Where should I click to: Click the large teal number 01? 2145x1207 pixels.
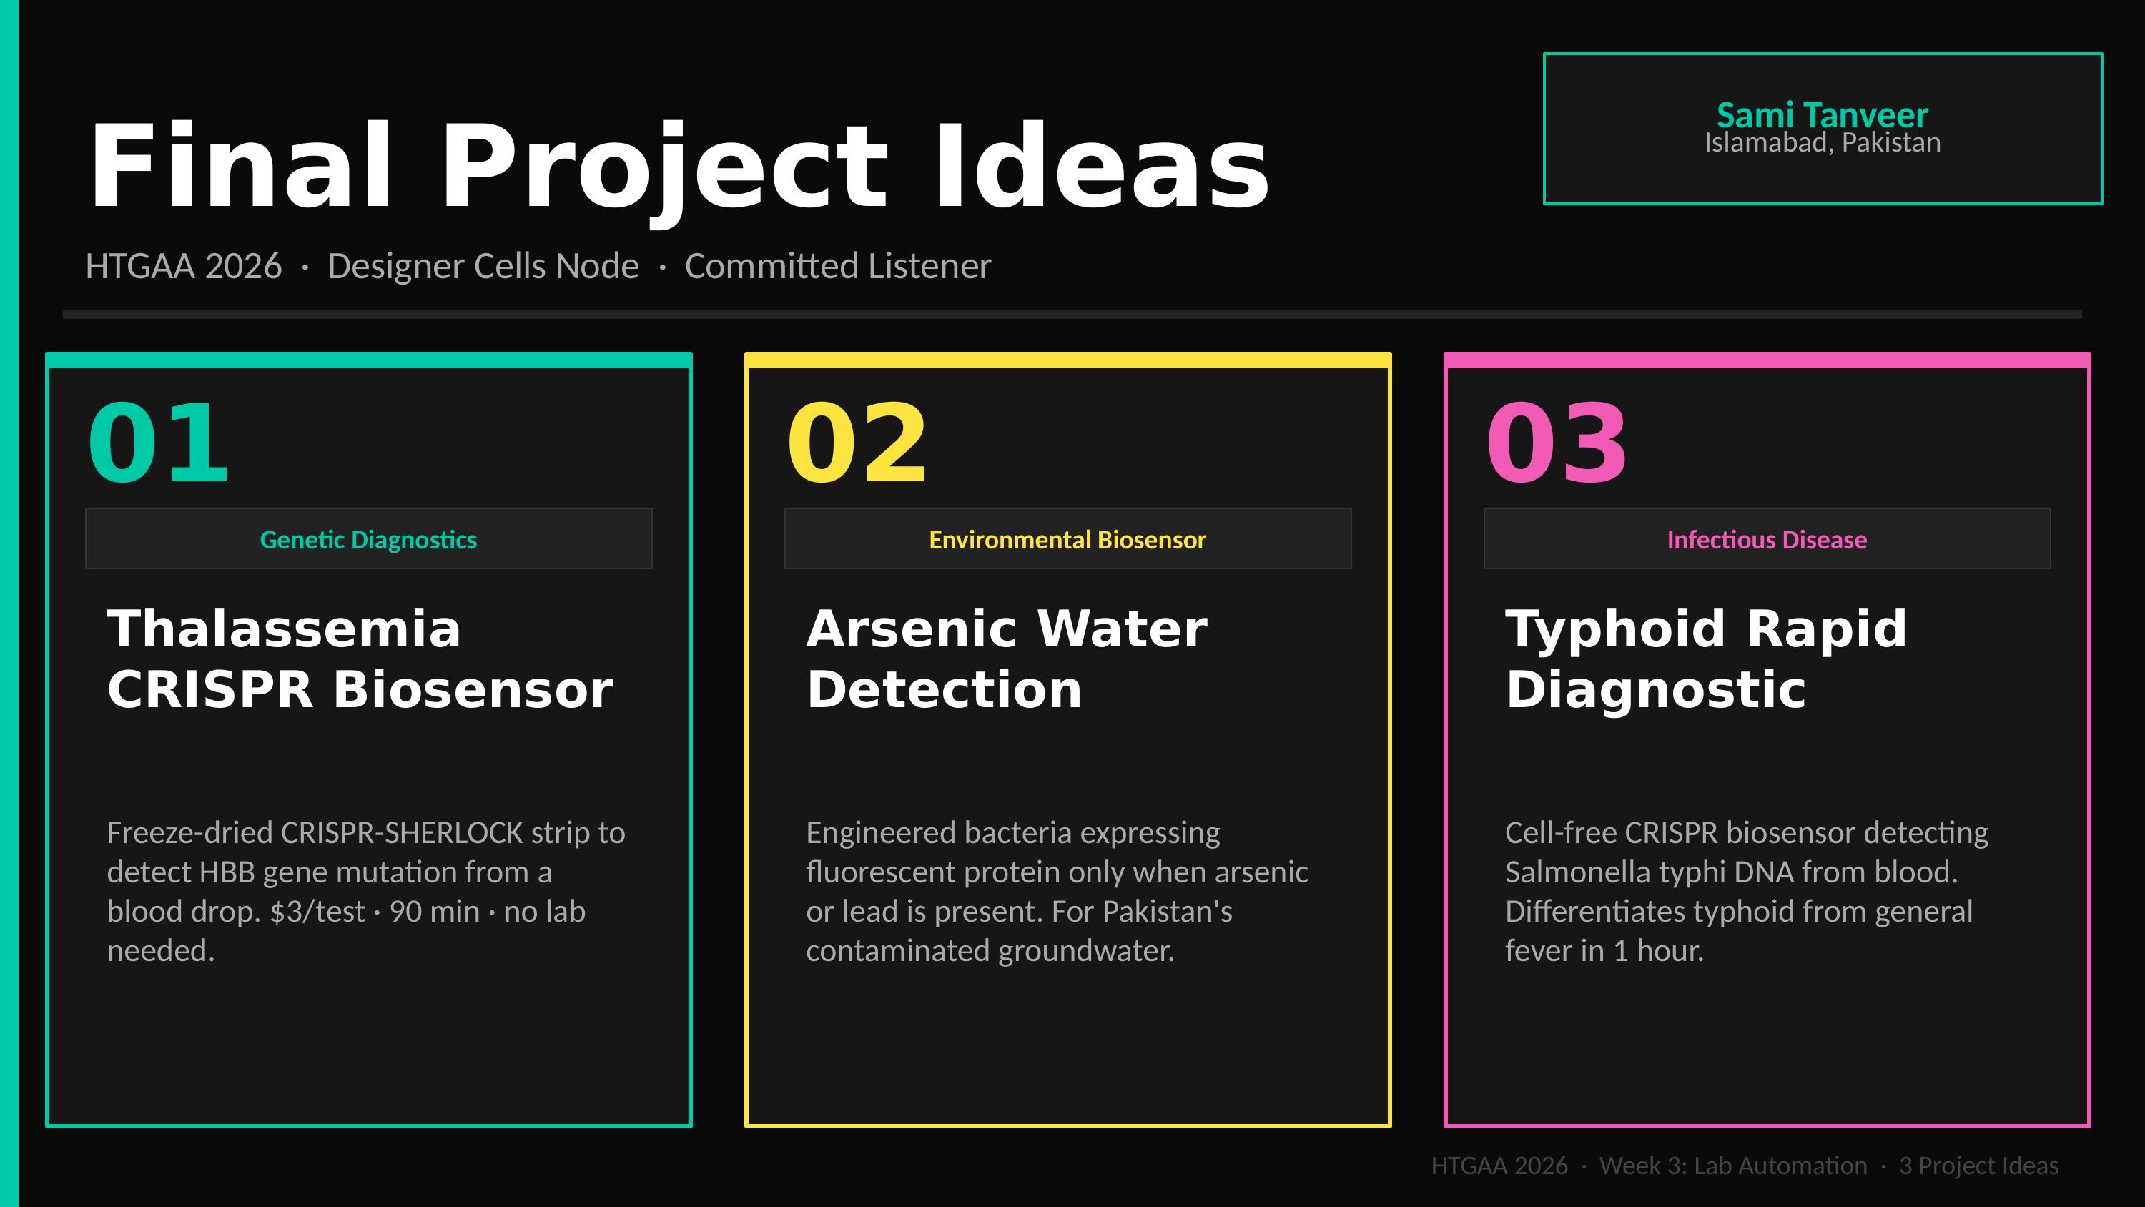pyautogui.click(x=158, y=443)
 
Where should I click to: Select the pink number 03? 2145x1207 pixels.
pyautogui.click(x=1557, y=443)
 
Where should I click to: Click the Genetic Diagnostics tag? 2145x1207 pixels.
pyautogui.click(x=368, y=540)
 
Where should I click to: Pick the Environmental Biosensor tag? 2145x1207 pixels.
pyautogui.click(x=1067, y=540)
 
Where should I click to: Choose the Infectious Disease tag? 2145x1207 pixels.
pyautogui.click(x=1767, y=540)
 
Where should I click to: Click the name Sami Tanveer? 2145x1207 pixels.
pyautogui.click(x=1823, y=115)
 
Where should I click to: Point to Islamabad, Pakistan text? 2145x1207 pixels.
pyautogui.click(x=1823, y=143)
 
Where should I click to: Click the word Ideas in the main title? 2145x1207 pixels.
pyautogui.click(x=1101, y=166)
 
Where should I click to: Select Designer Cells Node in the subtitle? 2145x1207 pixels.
pyautogui.click(x=483, y=267)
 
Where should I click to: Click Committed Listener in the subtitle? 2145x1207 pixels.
pyautogui.click(x=838, y=267)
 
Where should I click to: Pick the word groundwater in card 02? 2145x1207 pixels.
pyautogui.click(x=1086, y=951)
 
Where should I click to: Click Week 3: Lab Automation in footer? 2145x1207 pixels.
pyautogui.click(x=1733, y=1166)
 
